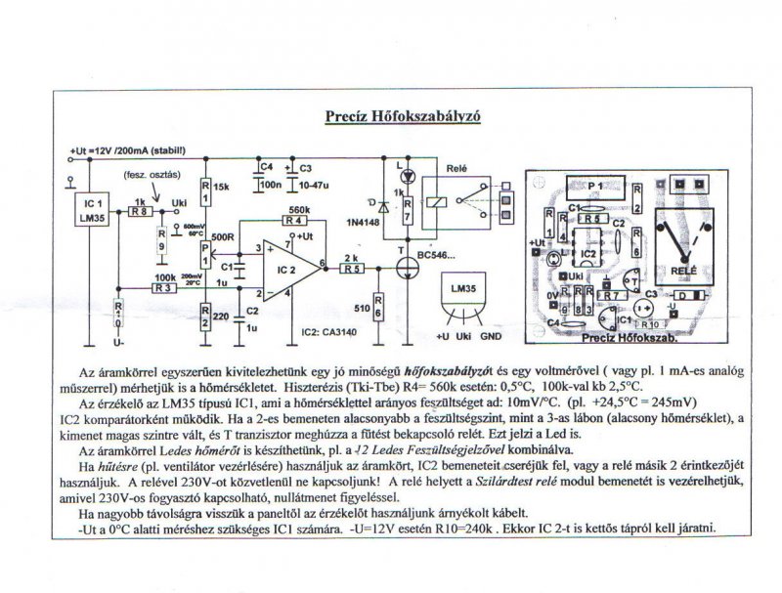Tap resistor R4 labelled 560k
pyautogui.click(x=293, y=221)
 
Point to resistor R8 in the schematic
pyautogui.click(x=141, y=210)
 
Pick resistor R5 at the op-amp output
pyautogui.click(x=352, y=268)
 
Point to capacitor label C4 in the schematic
pyautogui.click(x=267, y=166)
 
